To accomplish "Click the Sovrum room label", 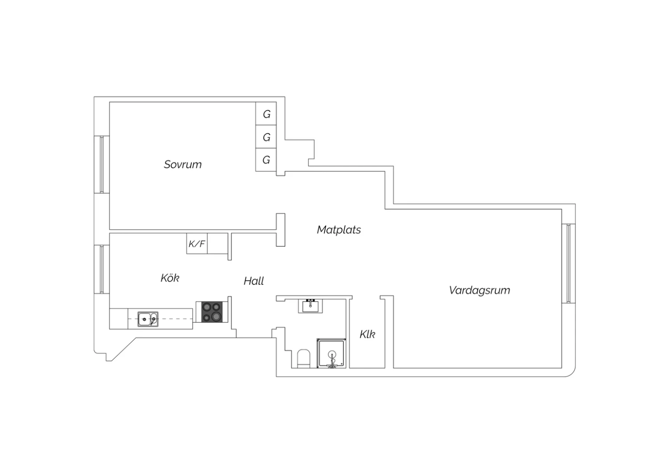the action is coord(183,165).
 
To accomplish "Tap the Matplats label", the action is coord(339,230).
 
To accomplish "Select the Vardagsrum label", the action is coord(479,290).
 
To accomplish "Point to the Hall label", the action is coord(254,281).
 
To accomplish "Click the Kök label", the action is coord(170,278).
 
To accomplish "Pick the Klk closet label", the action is coord(368,334).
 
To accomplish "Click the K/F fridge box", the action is coord(197,244).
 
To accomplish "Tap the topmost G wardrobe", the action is coord(266,113).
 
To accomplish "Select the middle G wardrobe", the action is coord(266,137).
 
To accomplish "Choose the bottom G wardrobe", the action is coord(266,160).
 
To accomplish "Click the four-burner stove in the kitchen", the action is coord(212,312).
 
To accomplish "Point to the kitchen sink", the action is coord(148,319).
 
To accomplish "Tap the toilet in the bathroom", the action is coord(304,359).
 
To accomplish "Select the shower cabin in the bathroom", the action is coord(331,353).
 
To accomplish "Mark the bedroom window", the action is coord(102,164).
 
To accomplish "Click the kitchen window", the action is coord(102,269).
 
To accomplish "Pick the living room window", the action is coord(569,263).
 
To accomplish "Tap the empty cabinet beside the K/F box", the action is coord(218,244).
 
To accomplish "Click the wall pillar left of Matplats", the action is coord(281,230).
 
